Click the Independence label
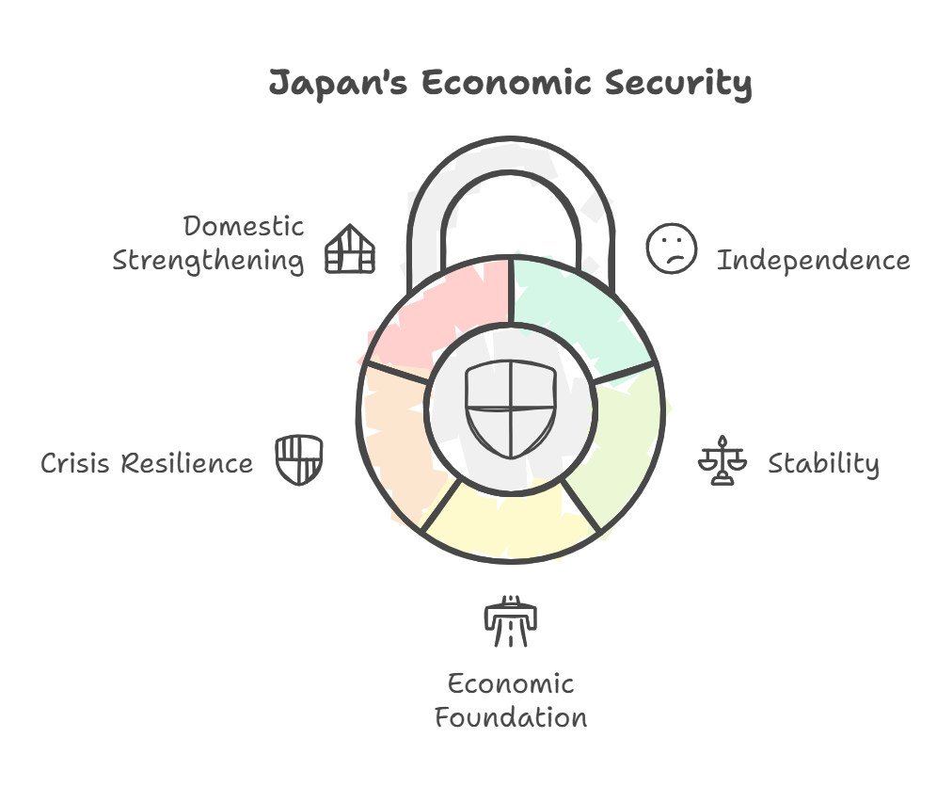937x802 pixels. [x=813, y=260]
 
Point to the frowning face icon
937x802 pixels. [x=671, y=249]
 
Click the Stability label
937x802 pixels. [x=823, y=464]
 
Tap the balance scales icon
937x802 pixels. [x=722, y=460]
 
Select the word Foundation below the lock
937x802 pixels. [x=511, y=718]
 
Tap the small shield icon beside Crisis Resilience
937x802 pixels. [x=299, y=458]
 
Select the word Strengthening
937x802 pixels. [x=208, y=261]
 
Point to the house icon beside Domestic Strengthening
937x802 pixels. [x=350, y=249]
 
